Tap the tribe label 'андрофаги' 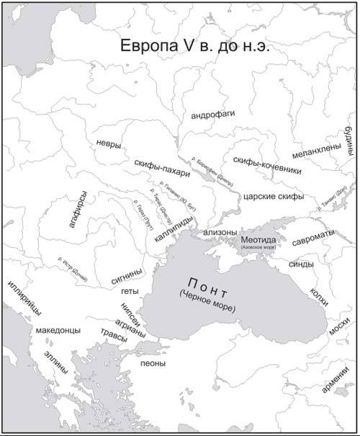point(212,115)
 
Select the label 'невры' point(108,143)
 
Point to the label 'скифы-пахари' point(161,168)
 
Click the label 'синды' point(301,264)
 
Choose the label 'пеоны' point(153,363)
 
